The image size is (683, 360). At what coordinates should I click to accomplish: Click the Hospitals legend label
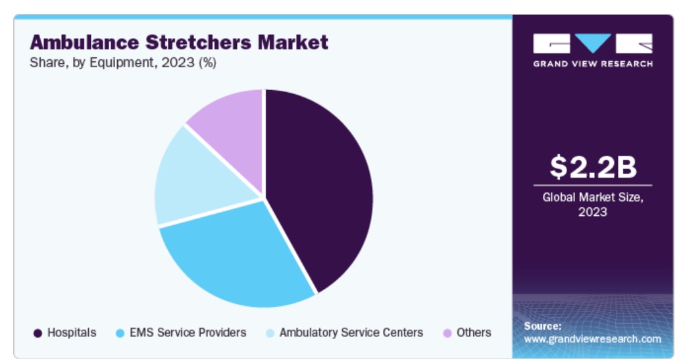point(72,332)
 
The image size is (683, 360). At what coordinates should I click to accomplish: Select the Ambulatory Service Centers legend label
point(351,332)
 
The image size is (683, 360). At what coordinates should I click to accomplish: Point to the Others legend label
point(474,332)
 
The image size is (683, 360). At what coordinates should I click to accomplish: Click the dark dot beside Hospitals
point(38,333)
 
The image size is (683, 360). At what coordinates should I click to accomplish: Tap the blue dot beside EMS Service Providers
point(120,333)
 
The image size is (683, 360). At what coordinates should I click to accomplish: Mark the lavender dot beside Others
point(447,333)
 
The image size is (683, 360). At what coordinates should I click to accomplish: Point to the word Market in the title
point(293,43)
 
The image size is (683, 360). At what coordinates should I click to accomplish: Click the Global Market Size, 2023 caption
point(593,204)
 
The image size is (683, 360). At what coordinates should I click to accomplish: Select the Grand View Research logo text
point(593,64)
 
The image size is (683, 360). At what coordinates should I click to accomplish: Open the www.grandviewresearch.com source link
point(592,339)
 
